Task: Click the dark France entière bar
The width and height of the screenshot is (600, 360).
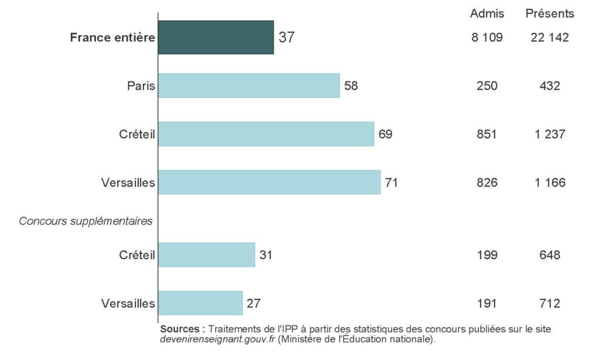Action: (216, 38)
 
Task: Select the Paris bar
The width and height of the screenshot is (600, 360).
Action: (249, 86)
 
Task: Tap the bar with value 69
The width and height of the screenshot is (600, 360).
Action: (266, 134)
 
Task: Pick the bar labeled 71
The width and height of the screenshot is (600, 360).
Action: (269, 182)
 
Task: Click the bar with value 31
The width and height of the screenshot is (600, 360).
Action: (206, 255)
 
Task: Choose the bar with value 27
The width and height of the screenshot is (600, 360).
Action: (200, 303)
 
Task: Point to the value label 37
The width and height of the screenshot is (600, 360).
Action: (287, 38)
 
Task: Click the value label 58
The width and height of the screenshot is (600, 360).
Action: (351, 86)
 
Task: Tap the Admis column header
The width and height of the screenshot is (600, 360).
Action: (487, 13)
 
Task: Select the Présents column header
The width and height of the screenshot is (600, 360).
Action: (550, 13)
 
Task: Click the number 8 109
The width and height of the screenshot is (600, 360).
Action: (487, 38)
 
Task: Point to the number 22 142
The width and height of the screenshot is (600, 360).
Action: (550, 38)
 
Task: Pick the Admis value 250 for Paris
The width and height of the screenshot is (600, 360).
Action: (487, 86)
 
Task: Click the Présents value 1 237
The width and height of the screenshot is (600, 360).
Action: (550, 134)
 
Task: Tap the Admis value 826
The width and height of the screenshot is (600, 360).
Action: (487, 182)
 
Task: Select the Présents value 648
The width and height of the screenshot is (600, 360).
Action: (550, 255)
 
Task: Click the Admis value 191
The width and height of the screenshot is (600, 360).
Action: (487, 303)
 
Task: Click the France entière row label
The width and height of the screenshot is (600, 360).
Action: (112, 38)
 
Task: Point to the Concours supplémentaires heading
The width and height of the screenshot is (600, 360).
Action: (86, 221)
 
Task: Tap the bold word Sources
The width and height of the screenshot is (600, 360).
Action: (182, 329)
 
